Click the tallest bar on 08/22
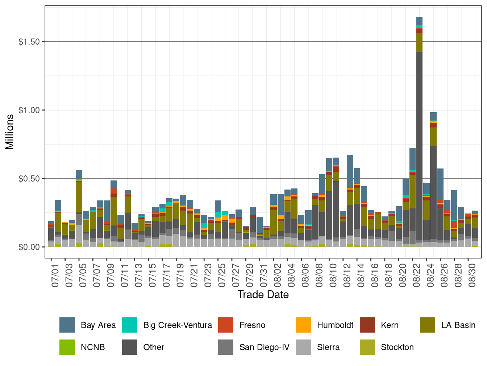tap(419, 145)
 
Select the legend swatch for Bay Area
tap(67, 325)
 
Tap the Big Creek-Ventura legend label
tap(178, 325)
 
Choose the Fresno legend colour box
tap(226, 325)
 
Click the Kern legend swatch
tap(367, 325)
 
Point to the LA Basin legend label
tap(458, 325)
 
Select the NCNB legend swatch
tap(67, 347)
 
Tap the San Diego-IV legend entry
tap(264, 347)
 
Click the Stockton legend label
tap(397, 347)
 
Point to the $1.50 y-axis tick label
tap(29, 42)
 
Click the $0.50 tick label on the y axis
tap(29, 179)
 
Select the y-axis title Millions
tap(10, 132)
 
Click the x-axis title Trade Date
tap(263, 294)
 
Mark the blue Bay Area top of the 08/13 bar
tap(350, 171)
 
